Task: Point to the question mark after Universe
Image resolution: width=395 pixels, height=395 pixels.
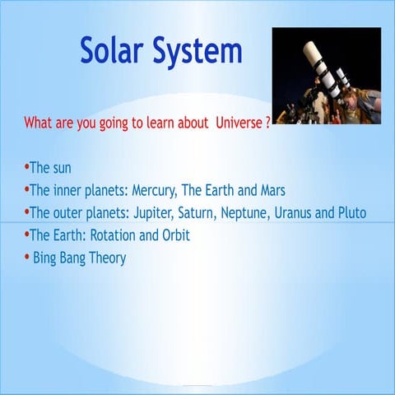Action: (x=268, y=123)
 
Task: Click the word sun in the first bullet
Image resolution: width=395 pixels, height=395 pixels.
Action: (x=62, y=168)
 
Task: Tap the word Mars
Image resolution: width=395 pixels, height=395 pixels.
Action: (x=270, y=190)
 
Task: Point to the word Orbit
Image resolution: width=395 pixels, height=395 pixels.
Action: (x=175, y=235)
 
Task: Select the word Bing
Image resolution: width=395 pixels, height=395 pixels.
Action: (x=46, y=258)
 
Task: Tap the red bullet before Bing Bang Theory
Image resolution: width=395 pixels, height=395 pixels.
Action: (x=26, y=258)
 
